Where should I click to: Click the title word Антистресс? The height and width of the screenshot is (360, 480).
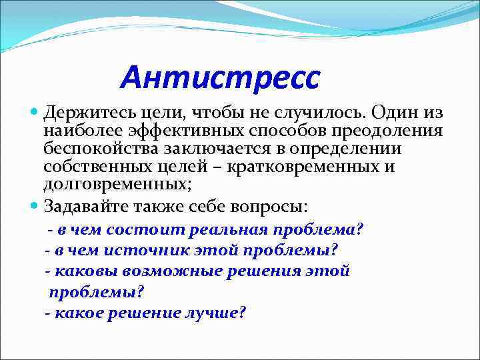[x=220, y=77]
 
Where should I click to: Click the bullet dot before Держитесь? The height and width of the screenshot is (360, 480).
[x=35, y=113]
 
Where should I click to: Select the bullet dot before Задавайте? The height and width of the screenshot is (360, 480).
[x=35, y=205]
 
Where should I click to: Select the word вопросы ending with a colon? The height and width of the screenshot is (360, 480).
[x=282, y=205]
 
